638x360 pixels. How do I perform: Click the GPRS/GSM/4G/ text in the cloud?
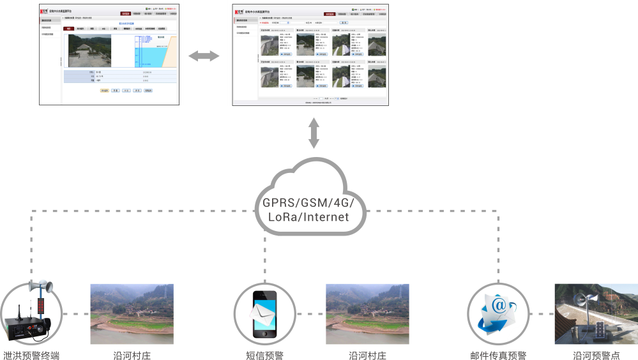pos(312,203)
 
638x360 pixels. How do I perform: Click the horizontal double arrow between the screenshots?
pos(204,56)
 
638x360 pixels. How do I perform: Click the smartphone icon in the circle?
pos(264,314)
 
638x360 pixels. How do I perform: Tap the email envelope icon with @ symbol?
pos(497,313)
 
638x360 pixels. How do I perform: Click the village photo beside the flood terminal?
pos(132,313)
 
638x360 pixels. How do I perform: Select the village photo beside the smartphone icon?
pos(367,313)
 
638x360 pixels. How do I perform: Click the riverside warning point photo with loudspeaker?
pos(595,313)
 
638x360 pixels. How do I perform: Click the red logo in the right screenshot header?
pos(236,11)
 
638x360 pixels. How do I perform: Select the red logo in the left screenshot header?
pos(44,11)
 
